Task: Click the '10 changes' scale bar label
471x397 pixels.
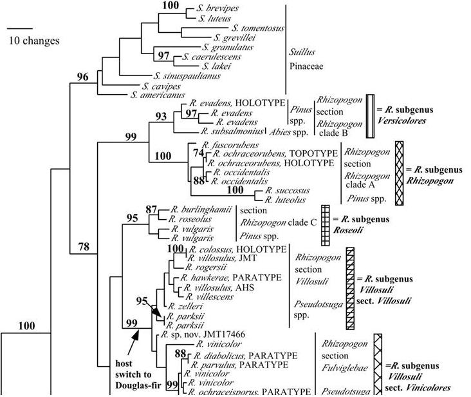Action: click(x=33, y=41)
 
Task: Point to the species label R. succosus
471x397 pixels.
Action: click(x=274, y=191)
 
